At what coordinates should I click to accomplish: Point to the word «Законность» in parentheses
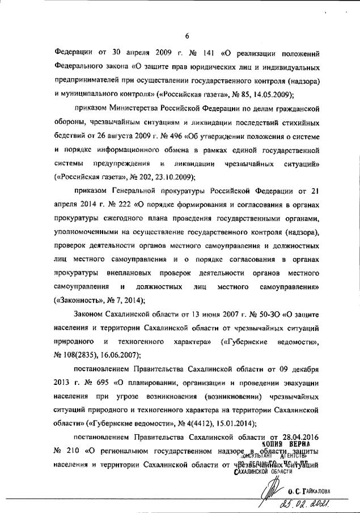pos(75,300)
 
